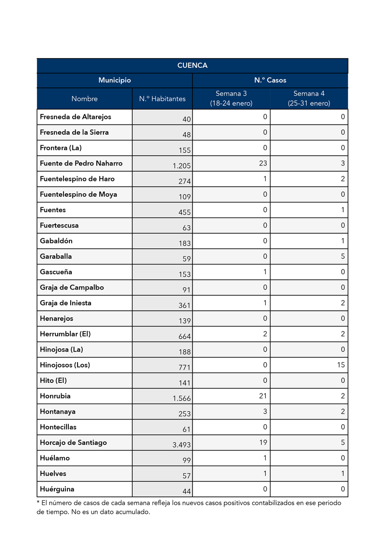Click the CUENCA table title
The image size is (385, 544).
tap(192, 65)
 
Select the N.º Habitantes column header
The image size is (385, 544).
tap(162, 99)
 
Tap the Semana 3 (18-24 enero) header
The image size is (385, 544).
tap(231, 99)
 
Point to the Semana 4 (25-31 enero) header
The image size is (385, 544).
tap(309, 99)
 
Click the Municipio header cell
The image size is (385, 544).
tap(115, 80)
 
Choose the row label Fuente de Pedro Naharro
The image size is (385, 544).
tap(81, 164)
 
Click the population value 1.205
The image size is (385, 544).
tap(182, 166)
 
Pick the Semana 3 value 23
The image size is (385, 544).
tap(263, 164)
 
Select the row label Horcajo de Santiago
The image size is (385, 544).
tap(73, 443)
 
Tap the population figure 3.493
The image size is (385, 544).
tap(182, 445)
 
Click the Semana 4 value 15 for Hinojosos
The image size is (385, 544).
tap(341, 365)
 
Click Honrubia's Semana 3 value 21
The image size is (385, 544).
tap(263, 396)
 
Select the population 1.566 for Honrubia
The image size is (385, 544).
tap(182, 399)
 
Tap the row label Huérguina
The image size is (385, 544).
tap(57, 489)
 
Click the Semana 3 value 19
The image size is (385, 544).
tap(263, 443)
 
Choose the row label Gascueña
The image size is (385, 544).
tap(56, 272)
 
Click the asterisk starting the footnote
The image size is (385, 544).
tap(38, 502)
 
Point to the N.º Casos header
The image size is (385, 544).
tap(270, 80)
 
